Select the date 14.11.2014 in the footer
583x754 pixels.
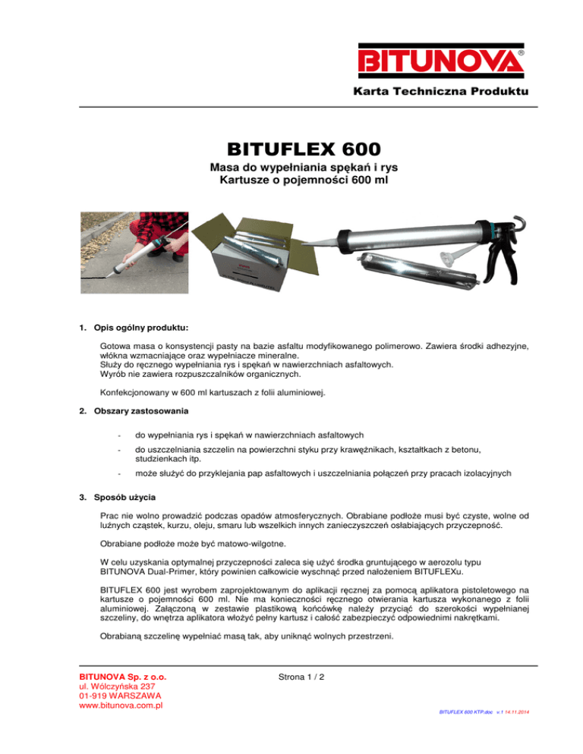(x=516, y=734)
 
